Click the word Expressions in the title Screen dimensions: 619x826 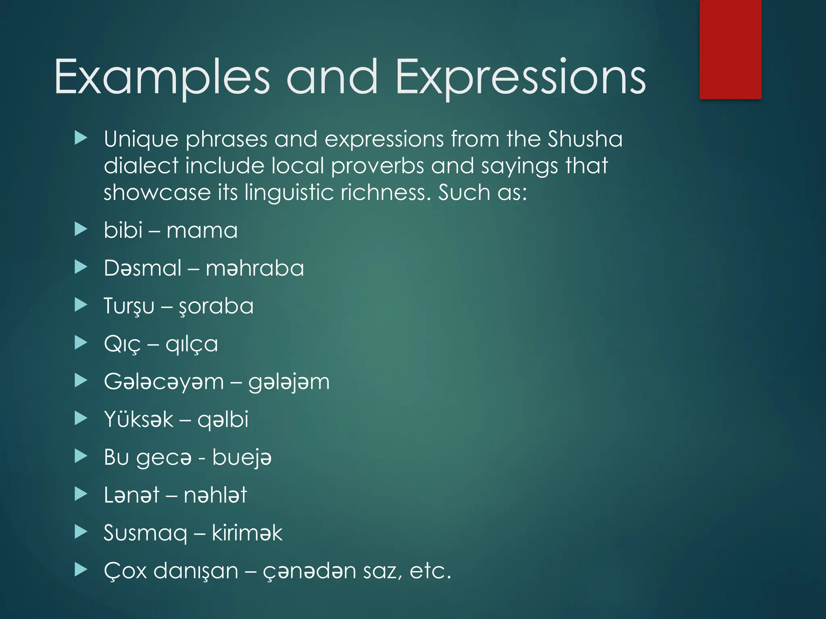[520, 77]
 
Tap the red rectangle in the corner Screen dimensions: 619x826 [730, 49]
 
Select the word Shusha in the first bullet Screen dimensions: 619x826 [585, 139]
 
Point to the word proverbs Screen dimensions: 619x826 [378, 166]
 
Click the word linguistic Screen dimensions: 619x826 [289, 192]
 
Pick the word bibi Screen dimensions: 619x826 [123, 230]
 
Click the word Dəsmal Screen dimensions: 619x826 [143, 268]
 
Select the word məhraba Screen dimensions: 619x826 [254, 268]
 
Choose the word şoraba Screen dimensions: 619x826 [216, 306]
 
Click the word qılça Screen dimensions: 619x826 [192, 344]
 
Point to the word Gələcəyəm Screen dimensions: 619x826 [164, 382]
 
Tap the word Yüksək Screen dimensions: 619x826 [139, 419]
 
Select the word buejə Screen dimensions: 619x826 [242, 458]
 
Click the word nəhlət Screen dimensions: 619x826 [215, 495]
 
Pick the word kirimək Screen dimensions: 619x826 [247, 533]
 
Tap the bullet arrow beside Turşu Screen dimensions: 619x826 [81, 305]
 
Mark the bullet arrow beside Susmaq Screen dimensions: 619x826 [81, 532]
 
